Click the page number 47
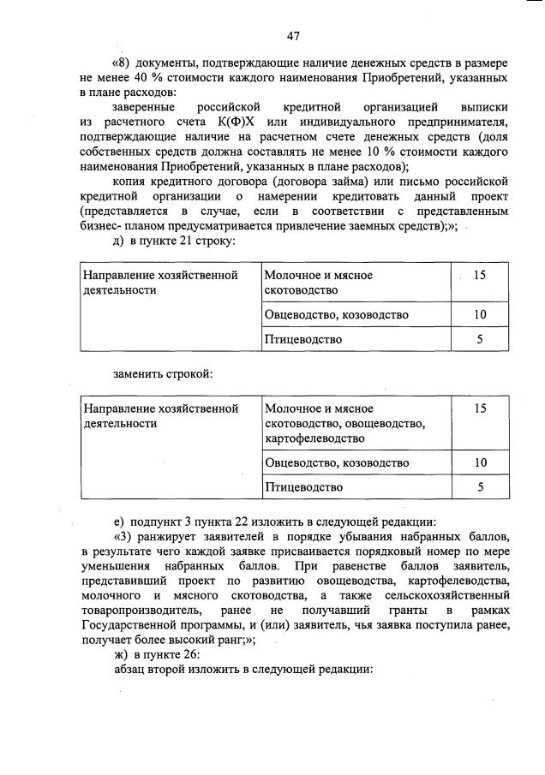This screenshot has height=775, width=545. pyautogui.click(x=293, y=35)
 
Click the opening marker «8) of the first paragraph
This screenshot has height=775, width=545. pyautogui.click(x=124, y=63)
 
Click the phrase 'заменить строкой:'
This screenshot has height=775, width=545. pyautogui.click(x=162, y=373)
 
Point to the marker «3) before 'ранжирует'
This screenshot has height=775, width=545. pyautogui.click(x=124, y=536)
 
